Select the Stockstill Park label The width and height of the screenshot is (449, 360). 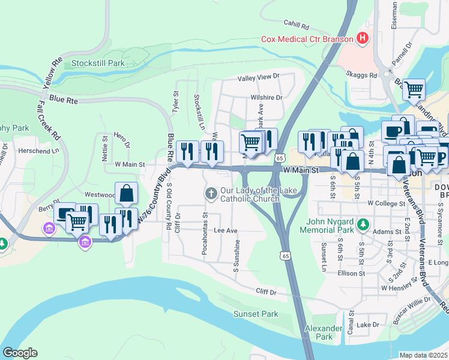pyautogui.click(x=98, y=62)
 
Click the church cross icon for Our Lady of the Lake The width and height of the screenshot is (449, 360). pyautogui.click(x=211, y=193)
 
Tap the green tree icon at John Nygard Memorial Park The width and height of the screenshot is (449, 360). pyautogui.click(x=363, y=224)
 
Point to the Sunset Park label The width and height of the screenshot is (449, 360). pyautogui.click(x=256, y=314)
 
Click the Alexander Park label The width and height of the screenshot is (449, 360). pyautogui.click(x=319, y=332)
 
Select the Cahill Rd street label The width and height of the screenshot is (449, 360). pyautogui.click(x=297, y=27)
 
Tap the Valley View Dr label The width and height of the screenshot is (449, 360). pyautogui.click(x=259, y=77)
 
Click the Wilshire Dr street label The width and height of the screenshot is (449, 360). pyautogui.click(x=267, y=97)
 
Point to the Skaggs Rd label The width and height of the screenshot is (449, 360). pyautogui.click(x=364, y=76)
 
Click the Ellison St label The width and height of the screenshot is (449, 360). pyautogui.click(x=352, y=274)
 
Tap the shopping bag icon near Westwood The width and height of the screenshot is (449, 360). pyautogui.click(x=126, y=193)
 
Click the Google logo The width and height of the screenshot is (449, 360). pyautogui.click(x=20, y=353)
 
